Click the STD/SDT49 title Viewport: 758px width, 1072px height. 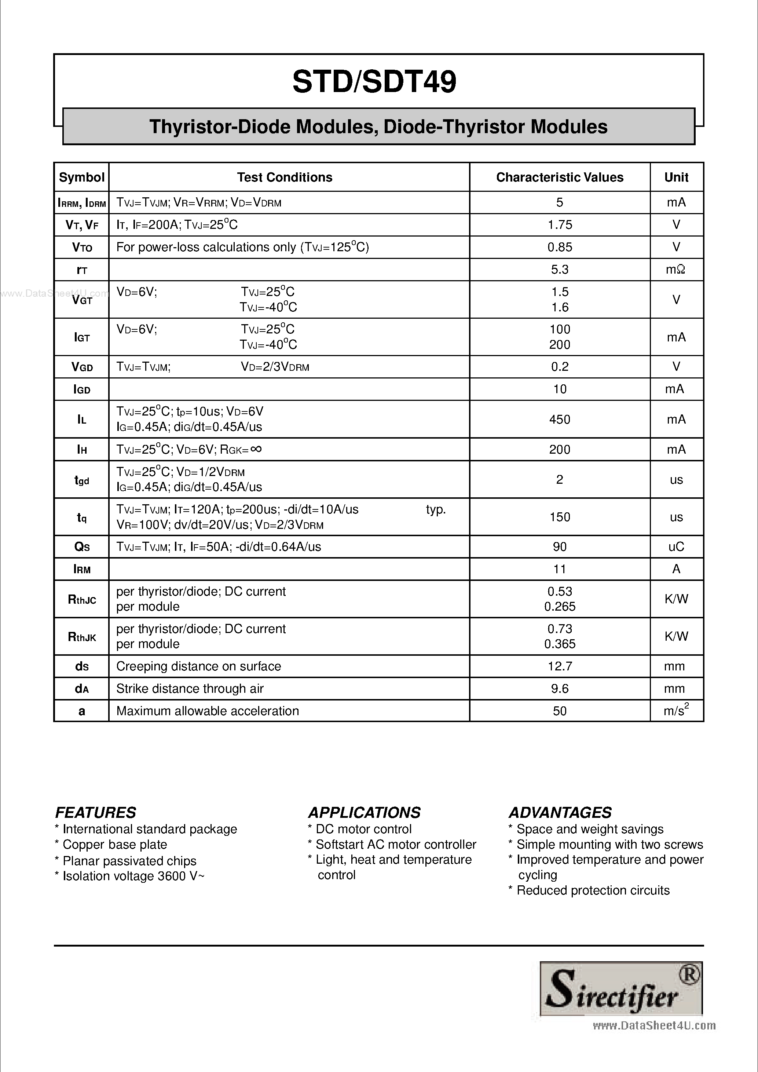[x=374, y=82]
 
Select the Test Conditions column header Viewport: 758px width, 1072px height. [x=284, y=178]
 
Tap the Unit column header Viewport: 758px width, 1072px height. [x=676, y=178]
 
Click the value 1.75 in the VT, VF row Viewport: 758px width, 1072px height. [x=560, y=225]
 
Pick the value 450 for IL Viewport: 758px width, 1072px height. [x=560, y=419]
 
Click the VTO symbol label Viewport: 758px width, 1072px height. [x=82, y=248]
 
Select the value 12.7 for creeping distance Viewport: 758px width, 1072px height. [x=560, y=666]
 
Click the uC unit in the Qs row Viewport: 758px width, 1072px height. [x=676, y=547]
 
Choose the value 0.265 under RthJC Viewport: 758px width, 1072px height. [x=560, y=607]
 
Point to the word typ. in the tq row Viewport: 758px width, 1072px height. [x=436, y=509]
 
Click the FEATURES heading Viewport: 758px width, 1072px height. [x=96, y=813]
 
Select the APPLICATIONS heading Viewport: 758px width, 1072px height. [x=364, y=813]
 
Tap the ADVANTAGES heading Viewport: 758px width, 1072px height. [x=560, y=813]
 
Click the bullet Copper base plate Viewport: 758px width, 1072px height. [x=114, y=845]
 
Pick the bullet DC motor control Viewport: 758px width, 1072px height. [x=363, y=829]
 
